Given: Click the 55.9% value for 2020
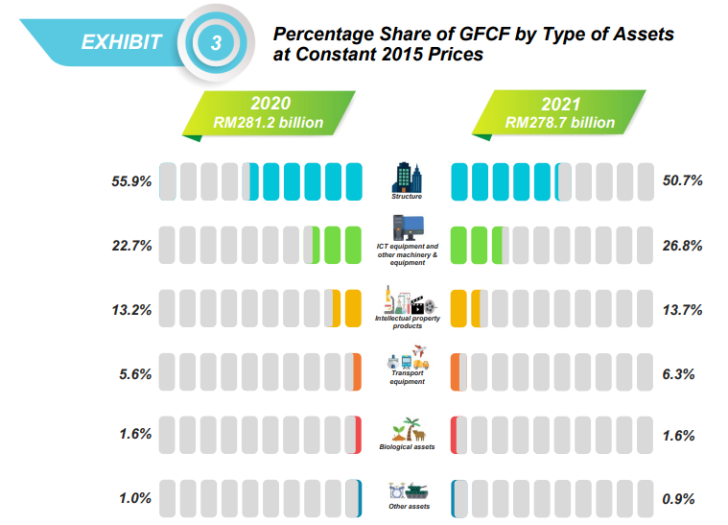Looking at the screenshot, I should tap(132, 181).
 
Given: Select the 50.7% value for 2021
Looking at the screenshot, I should tap(683, 181).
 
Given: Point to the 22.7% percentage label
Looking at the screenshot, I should tap(132, 246).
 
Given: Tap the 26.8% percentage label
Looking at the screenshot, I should tap(683, 246).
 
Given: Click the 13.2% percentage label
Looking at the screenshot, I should tap(132, 310).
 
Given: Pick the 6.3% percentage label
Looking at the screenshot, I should tap(684, 373).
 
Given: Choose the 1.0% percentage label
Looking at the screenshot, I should tap(135, 498).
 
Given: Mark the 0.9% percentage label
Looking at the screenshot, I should tap(684, 498).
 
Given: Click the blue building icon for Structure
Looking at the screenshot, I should tap(407, 176).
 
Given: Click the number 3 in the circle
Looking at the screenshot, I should tap(217, 42).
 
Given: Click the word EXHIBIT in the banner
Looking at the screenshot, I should tap(122, 42).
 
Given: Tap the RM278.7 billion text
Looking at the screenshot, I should tap(559, 123).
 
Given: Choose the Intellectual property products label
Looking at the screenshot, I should tap(407, 322).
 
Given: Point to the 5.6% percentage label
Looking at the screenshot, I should tap(135, 373).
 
